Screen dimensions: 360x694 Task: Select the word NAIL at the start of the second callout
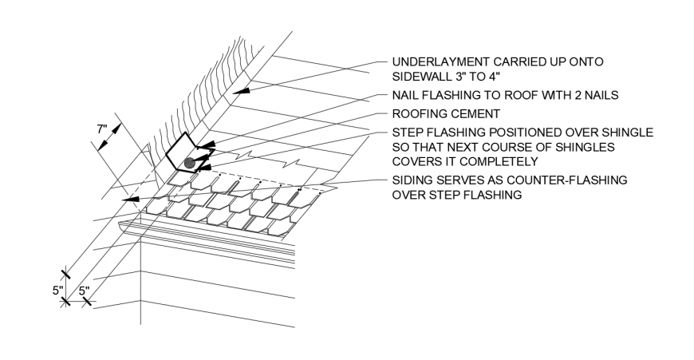tap(405, 95)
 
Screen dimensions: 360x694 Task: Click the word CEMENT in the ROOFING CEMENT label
tap(475, 113)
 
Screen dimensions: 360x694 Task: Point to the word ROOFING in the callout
tap(420, 113)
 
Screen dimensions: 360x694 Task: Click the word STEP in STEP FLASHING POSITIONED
tap(407, 132)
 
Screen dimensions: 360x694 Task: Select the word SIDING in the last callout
tap(412, 180)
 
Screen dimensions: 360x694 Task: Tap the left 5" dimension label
tap(58, 291)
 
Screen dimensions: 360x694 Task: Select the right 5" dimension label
tap(84, 291)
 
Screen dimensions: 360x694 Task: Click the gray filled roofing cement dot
tap(189, 163)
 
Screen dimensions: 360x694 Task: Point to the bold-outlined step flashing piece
tap(185, 148)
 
